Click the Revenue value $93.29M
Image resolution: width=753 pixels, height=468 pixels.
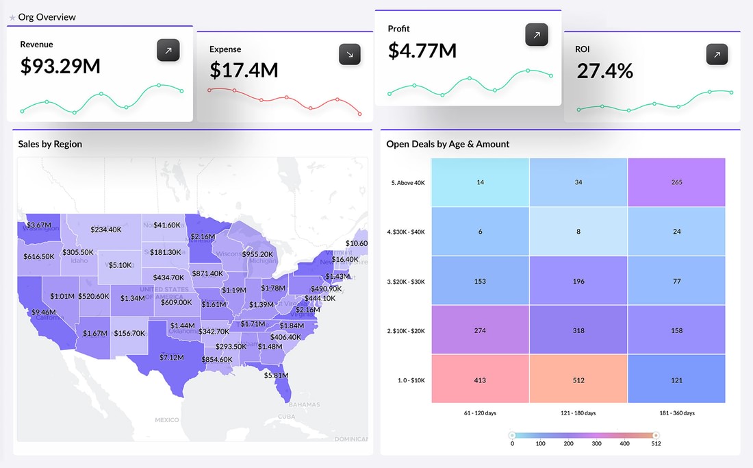click(60, 66)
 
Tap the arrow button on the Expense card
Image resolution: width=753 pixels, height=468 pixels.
click(350, 55)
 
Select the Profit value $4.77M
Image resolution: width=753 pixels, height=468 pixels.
click(422, 51)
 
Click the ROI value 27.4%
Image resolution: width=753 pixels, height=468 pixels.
click(604, 71)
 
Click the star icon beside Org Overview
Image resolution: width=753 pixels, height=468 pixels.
click(12, 17)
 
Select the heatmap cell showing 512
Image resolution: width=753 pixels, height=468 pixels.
click(578, 380)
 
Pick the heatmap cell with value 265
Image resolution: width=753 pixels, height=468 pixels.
click(676, 182)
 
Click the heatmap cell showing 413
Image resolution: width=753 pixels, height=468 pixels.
click(480, 380)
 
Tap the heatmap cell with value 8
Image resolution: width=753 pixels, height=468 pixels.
click(578, 232)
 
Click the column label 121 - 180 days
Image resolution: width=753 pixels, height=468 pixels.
click(578, 413)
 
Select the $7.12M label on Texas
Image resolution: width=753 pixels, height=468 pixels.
click(171, 357)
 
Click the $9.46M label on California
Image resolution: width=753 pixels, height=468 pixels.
click(42, 312)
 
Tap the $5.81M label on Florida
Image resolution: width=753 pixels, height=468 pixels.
click(276, 375)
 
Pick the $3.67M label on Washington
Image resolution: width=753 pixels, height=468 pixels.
click(39, 225)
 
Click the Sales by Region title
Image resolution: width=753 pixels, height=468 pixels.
click(50, 145)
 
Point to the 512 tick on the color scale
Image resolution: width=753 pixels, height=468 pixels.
click(655, 443)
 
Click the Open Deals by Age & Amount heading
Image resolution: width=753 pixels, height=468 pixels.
click(448, 145)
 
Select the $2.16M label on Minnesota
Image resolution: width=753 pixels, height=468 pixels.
click(203, 236)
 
